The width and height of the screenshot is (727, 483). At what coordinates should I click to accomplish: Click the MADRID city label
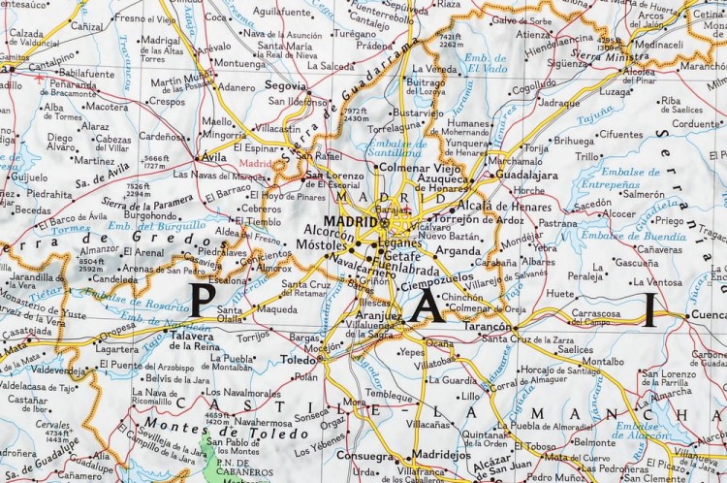pyautogui.click(x=351, y=220)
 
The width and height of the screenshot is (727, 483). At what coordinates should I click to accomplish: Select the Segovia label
pyautogui.click(x=285, y=85)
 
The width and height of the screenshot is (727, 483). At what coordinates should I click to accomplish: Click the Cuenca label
pyautogui.click(x=709, y=315)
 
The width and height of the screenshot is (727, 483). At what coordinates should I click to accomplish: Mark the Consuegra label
pyautogui.click(x=363, y=456)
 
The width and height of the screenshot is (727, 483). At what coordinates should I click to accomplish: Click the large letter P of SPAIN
pyautogui.click(x=201, y=300)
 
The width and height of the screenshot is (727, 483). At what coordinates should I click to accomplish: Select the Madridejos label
pyautogui.click(x=441, y=454)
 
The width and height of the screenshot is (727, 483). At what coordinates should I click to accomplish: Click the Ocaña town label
pyautogui.click(x=438, y=343)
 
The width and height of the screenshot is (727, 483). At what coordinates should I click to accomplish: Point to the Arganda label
pyautogui.click(x=457, y=250)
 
